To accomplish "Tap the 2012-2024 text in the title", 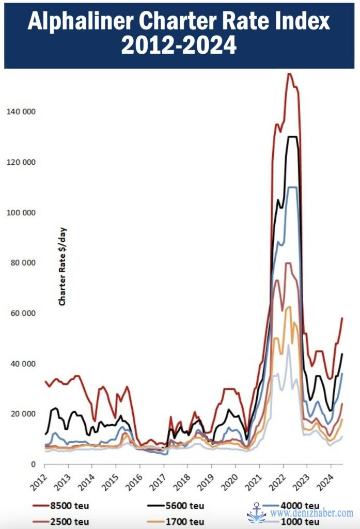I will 179,45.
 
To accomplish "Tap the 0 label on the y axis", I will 33,464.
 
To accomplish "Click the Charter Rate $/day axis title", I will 62,266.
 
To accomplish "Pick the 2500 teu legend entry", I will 64,522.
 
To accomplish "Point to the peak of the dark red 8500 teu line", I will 289,74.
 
